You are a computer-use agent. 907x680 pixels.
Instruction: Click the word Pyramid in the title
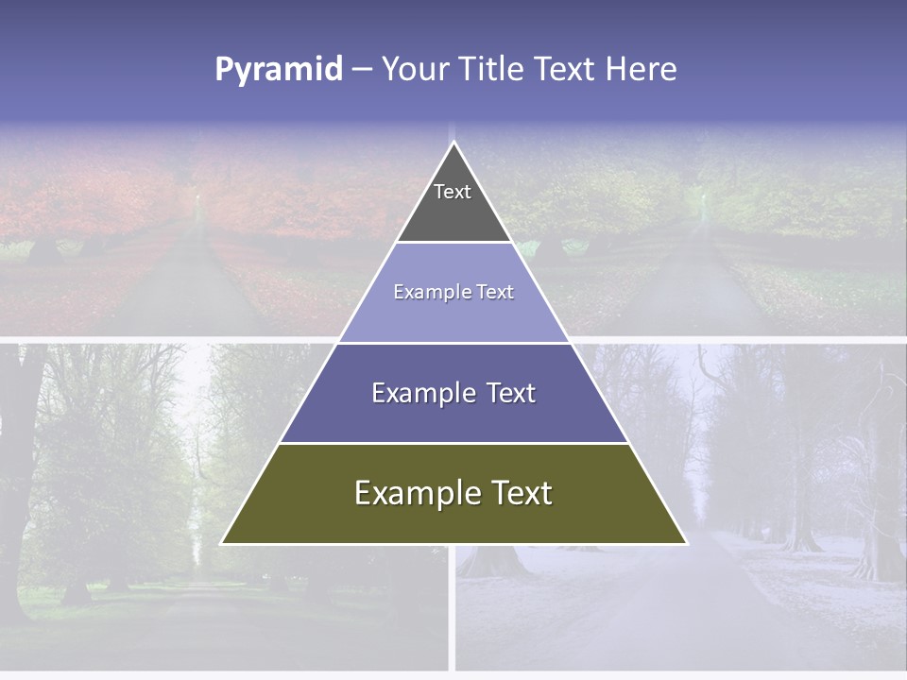pyautogui.click(x=279, y=70)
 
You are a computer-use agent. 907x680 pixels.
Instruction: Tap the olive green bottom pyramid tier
pyautogui.click(x=453, y=519)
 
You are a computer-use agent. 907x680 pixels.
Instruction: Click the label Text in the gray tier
pyautogui.click(x=453, y=192)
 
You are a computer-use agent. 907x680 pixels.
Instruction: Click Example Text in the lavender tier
pyautogui.click(x=453, y=292)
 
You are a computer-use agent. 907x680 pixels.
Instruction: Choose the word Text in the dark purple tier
pyautogui.click(x=505, y=393)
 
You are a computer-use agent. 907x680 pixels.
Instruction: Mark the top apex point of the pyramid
pyautogui.click(x=453, y=142)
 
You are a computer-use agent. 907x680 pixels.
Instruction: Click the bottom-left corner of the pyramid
pyautogui.click(x=221, y=544)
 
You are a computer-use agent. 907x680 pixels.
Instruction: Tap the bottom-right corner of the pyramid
pyautogui.click(x=687, y=544)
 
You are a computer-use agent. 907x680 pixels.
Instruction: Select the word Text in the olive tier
pyautogui.click(x=518, y=493)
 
